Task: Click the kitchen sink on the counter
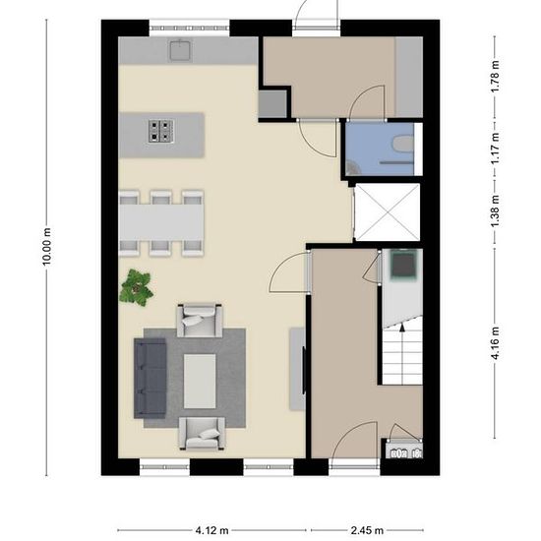(x=180, y=50)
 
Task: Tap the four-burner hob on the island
(x=160, y=131)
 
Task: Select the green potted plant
(x=137, y=288)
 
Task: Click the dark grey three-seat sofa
(x=150, y=378)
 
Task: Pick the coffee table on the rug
(x=200, y=381)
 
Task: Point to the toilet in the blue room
(x=403, y=144)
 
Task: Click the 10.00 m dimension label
(x=47, y=246)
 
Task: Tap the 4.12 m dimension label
(x=211, y=530)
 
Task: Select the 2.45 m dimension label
(x=367, y=530)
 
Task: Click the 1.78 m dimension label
(x=495, y=77)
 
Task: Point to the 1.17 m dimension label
(x=495, y=149)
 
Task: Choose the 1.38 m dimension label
(x=495, y=211)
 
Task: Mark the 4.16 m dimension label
(x=495, y=343)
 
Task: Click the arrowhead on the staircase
(x=402, y=328)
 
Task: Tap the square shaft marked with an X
(x=388, y=211)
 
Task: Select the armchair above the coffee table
(x=200, y=321)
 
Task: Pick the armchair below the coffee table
(x=203, y=434)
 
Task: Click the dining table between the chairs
(x=161, y=223)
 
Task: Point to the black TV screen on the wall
(x=304, y=370)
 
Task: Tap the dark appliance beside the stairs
(x=403, y=265)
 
